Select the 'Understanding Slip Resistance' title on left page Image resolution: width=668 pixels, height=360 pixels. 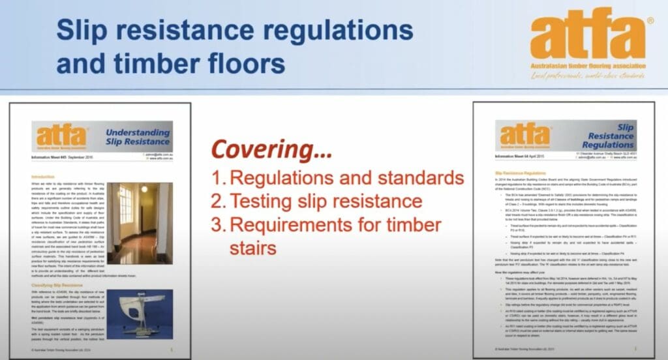tap(138, 137)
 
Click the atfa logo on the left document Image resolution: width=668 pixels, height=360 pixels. tap(61, 136)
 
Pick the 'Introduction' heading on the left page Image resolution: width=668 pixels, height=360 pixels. tap(45, 177)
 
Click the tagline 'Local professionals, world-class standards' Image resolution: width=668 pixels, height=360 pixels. tap(590, 76)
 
